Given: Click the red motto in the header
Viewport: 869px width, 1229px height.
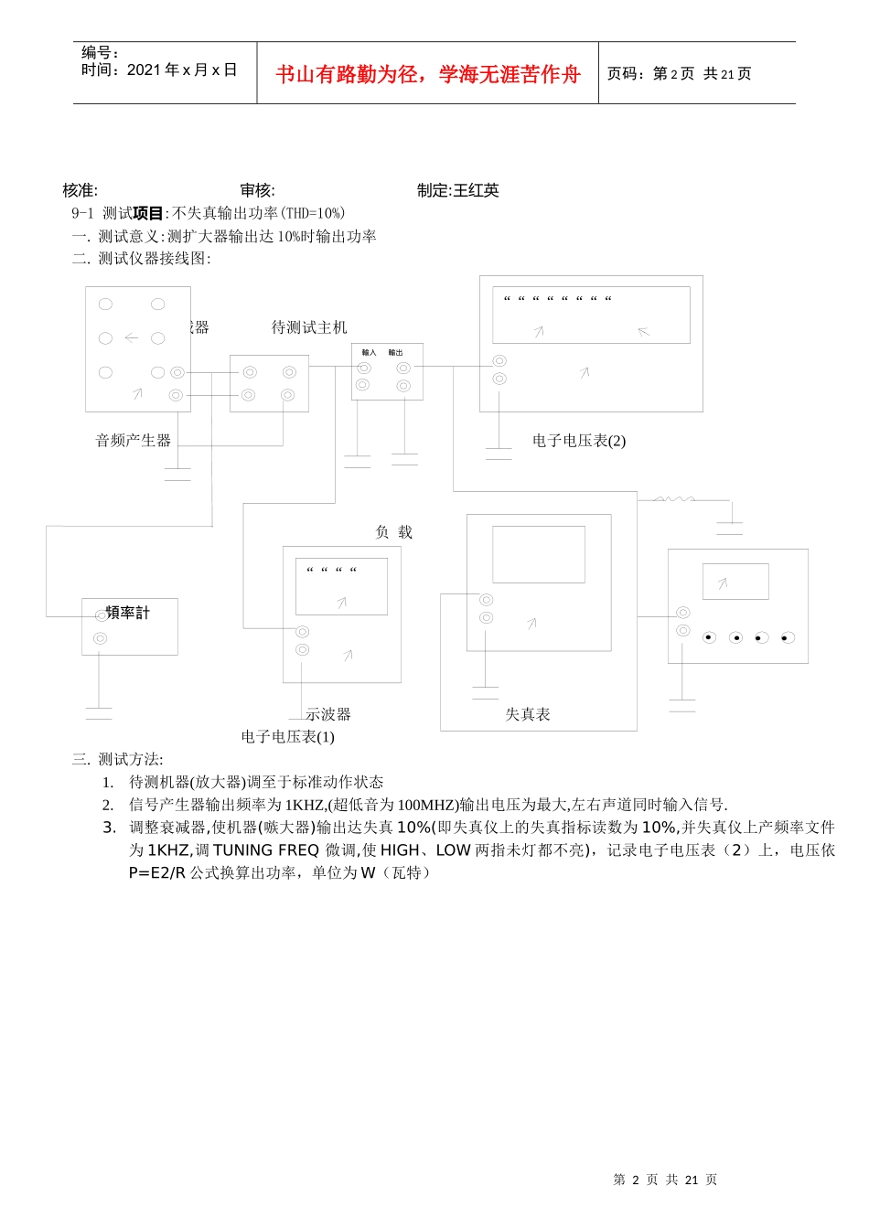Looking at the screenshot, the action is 428,74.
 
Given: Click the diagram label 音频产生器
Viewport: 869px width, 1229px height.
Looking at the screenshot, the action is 134,441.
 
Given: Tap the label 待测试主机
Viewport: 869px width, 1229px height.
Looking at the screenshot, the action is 309,327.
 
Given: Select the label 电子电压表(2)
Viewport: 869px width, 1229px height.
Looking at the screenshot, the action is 579,441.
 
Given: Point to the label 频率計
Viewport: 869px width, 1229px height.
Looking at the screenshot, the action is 128,613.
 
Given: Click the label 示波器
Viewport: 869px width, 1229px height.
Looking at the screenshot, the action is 328,714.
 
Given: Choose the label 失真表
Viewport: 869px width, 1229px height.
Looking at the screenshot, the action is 528,714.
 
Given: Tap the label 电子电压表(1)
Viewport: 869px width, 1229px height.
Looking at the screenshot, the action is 288,737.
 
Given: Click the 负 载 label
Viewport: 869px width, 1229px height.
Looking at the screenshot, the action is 394,532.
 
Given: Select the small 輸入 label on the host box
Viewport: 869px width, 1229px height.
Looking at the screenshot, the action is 369,353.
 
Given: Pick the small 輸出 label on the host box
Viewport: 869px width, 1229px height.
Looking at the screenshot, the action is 395,353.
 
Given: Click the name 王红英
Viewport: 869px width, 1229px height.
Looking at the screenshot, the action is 477,190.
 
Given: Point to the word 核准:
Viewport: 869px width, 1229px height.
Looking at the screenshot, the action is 80,190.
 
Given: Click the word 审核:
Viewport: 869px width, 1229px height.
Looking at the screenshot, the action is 257,190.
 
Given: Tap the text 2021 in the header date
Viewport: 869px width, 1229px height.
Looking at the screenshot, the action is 144,70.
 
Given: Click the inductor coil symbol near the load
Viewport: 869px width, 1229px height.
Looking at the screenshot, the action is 673,499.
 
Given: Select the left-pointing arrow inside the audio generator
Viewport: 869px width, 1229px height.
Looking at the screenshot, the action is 132,338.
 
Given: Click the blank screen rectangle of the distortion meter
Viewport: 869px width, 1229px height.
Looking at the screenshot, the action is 539,554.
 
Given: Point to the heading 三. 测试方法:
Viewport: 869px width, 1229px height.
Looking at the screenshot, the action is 117,759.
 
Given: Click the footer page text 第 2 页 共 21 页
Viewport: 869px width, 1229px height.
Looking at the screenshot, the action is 665,1180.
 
